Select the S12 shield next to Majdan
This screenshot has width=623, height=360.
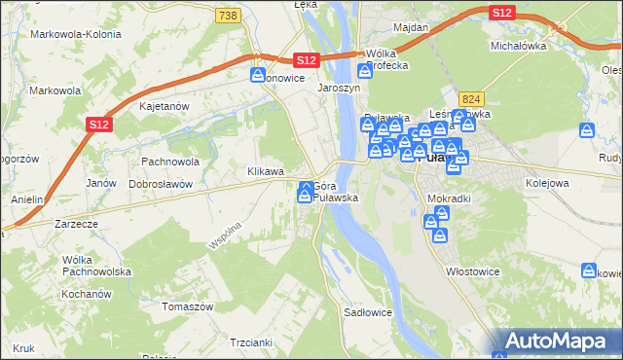point(501,12)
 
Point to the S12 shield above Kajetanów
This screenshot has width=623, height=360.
point(98,124)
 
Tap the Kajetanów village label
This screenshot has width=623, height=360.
point(164,106)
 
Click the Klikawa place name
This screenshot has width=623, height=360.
point(265,171)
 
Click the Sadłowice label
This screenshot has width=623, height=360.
point(368,312)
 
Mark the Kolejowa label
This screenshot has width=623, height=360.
point(547,182)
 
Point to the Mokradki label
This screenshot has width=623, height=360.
point(449,198)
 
